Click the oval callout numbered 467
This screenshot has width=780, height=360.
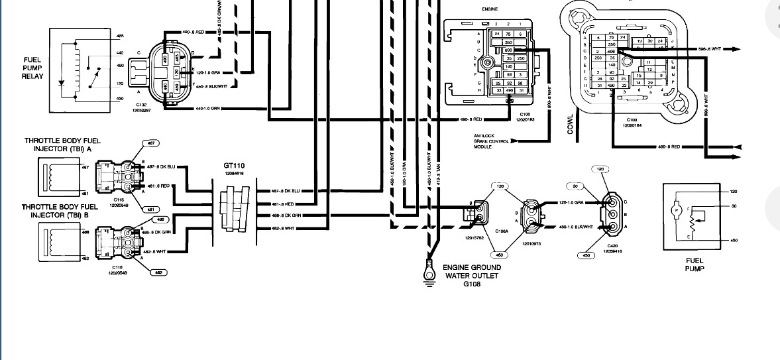click(151, 143)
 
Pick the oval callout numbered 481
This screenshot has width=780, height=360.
click(151, 210)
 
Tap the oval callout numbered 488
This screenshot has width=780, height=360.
click(159, 219)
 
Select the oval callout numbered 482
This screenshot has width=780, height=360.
click(159, 272)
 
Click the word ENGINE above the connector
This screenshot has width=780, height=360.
click(490, 11)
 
